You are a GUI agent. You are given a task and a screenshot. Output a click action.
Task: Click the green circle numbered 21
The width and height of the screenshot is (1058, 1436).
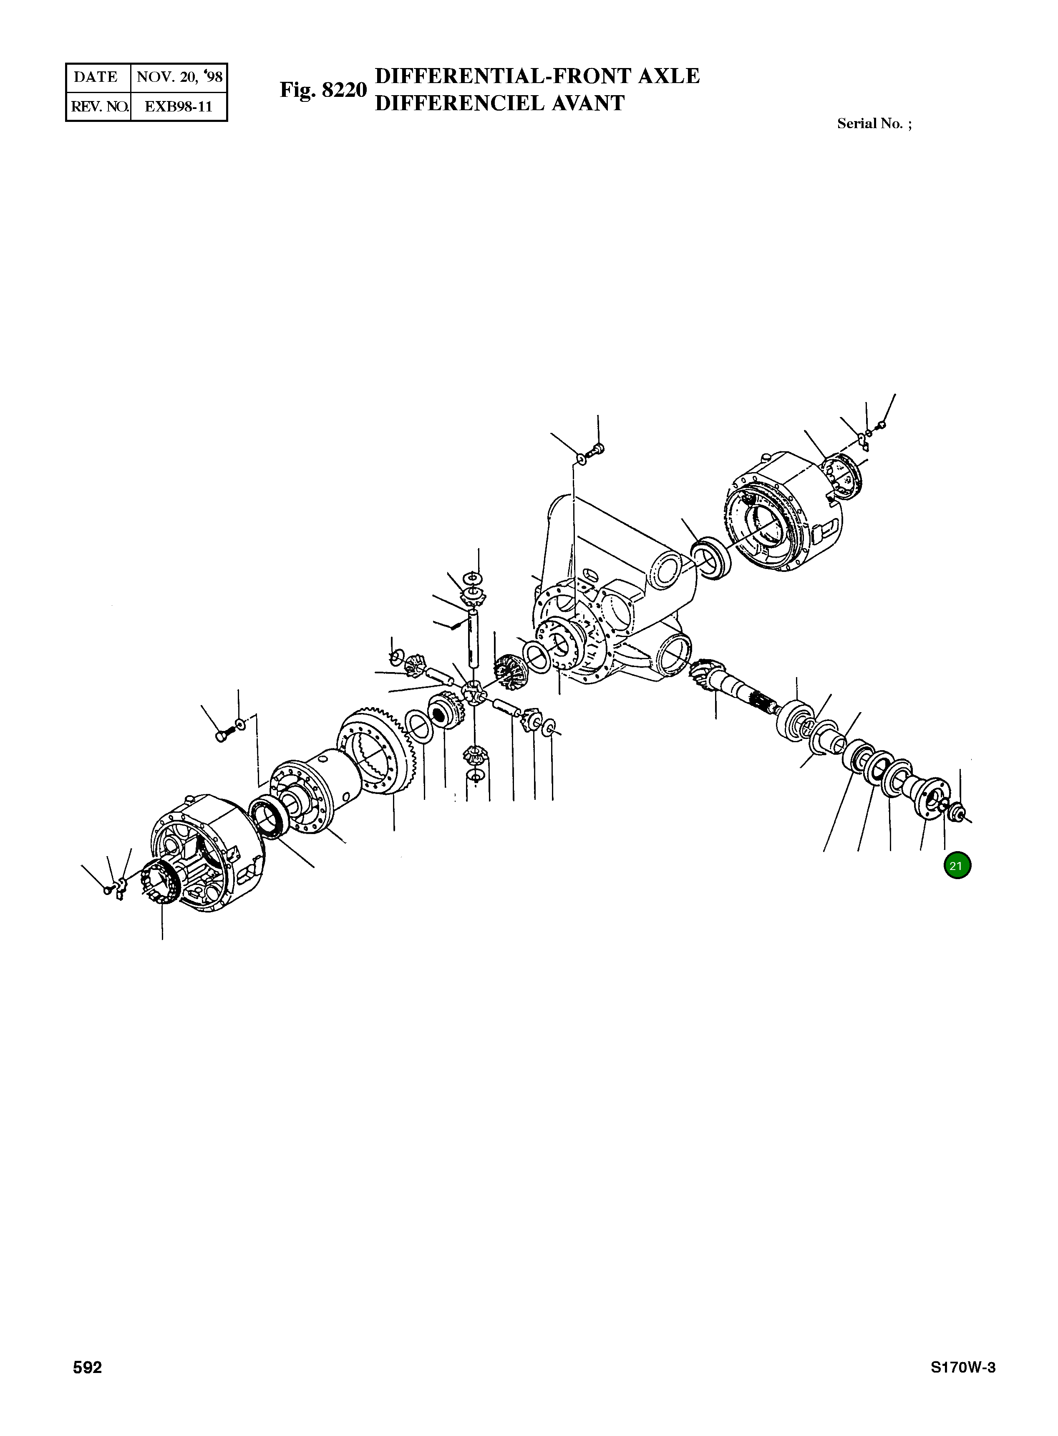[x=957, y=866]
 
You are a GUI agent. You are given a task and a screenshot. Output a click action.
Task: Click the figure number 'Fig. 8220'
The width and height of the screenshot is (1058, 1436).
[x=323, y=90]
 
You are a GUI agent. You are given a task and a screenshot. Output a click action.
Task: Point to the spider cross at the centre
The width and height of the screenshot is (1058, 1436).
[x=473, y=694]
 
